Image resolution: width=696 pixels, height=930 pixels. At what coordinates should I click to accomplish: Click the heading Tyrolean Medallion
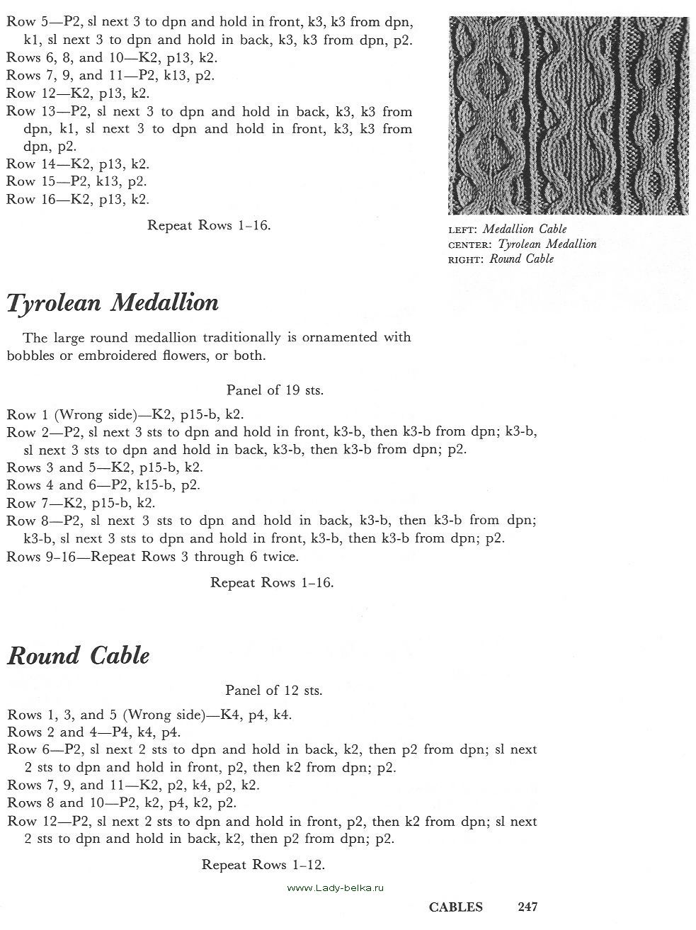click(x=113, y=304)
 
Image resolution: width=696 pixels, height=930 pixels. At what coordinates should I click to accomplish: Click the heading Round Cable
click(x=78, y=656)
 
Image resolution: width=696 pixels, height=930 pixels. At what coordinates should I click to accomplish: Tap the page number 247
click(x=527, y=907)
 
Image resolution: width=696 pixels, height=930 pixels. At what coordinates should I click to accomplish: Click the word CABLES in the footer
click(x=456, y=907)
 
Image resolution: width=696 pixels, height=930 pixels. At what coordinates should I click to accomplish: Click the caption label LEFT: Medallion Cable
click(x=508, y=229)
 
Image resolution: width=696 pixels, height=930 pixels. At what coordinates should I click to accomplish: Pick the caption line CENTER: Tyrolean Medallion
click(x=523, y=244)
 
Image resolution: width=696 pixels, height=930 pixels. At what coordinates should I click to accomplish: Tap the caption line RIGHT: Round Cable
click(x=501, y=259)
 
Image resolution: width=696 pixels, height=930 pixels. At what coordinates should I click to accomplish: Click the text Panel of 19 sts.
click(x=275, y=390)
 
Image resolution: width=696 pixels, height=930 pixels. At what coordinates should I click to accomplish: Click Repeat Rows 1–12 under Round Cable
click(x=263, y=865)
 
